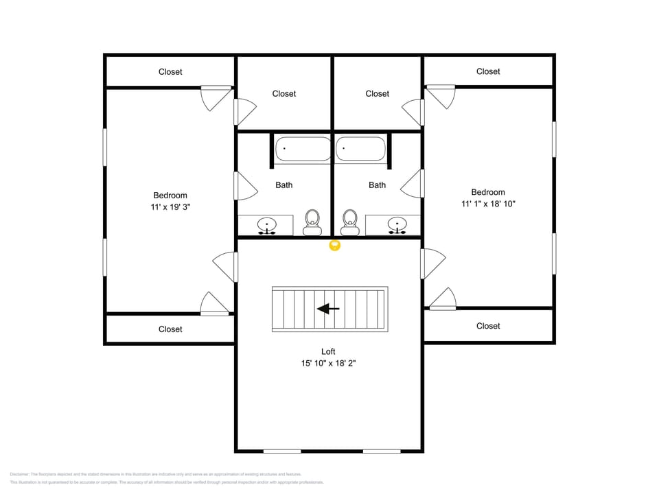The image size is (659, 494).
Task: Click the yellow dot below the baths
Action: pos(335,245)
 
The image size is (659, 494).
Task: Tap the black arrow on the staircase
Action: pos(328,309)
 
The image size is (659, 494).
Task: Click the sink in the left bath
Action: pos(266,224)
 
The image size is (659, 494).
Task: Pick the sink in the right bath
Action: pos(395,224)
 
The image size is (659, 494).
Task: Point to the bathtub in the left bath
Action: pos(303,150)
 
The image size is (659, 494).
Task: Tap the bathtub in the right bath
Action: pos(360,150)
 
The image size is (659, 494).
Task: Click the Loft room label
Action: pos(328,351)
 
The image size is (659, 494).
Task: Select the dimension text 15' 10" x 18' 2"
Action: pos(328,364)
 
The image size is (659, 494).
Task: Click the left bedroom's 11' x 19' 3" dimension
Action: pos(170,207)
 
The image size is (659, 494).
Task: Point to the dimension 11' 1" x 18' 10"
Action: pos(488,204)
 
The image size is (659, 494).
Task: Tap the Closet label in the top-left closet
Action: pos(170,71)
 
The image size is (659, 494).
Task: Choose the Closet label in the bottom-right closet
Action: pos(488,326)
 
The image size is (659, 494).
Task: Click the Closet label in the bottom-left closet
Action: pos(170,329)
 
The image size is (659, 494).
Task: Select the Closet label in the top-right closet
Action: pos(488,71)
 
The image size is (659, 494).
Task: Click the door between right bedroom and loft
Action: pos(432,263)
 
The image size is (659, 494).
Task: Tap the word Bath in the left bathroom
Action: pos(284,185)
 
